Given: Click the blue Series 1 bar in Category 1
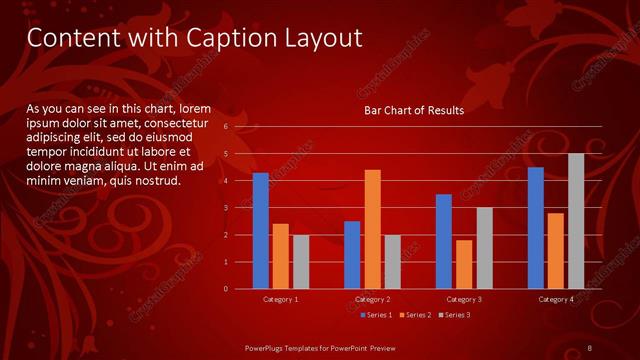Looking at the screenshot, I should (x=261, y=231).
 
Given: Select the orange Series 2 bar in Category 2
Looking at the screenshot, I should (x=372, y=229).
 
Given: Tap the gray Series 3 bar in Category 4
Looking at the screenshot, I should (x=576, y=221).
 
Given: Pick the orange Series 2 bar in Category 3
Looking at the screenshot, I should (x=464, y=264).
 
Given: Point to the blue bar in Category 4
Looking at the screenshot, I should (x=536, y=228).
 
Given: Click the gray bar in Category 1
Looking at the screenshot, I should (x=301, y=262).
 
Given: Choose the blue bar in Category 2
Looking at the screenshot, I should (x=352, y=255).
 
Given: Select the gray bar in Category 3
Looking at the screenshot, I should (x=484, y=248).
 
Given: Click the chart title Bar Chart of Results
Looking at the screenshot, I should (x=413, y=111).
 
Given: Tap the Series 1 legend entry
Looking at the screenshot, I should (x=375, y=315).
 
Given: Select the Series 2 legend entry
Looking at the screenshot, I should (x=414, y=315).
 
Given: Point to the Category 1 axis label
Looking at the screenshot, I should (x=280, y=299).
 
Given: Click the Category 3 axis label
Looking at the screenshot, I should (x=464, y=299).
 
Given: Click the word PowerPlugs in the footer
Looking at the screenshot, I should (x=269, y=347).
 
